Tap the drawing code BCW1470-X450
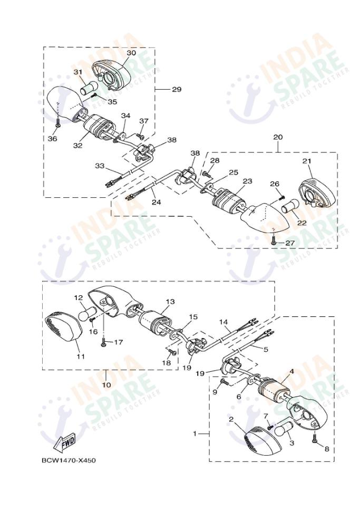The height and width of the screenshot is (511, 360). tap(69, 460)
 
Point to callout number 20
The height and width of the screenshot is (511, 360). tap(278, 137)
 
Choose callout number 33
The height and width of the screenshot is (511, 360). tap(100, 166)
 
